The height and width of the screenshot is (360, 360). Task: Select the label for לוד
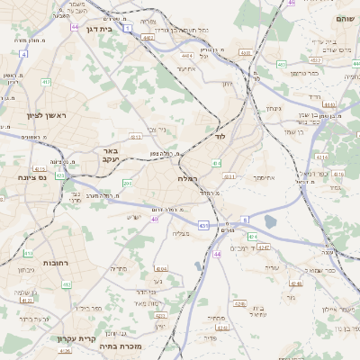click(220, 138)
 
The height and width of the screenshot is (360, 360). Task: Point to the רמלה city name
click(188, 180)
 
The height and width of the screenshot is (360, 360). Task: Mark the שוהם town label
click(345, 18)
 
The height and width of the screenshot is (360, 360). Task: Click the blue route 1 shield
click(128, 29)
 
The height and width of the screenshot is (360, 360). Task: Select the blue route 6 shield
click(245, 219)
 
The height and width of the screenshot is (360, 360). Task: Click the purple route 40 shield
click(155, 219)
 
